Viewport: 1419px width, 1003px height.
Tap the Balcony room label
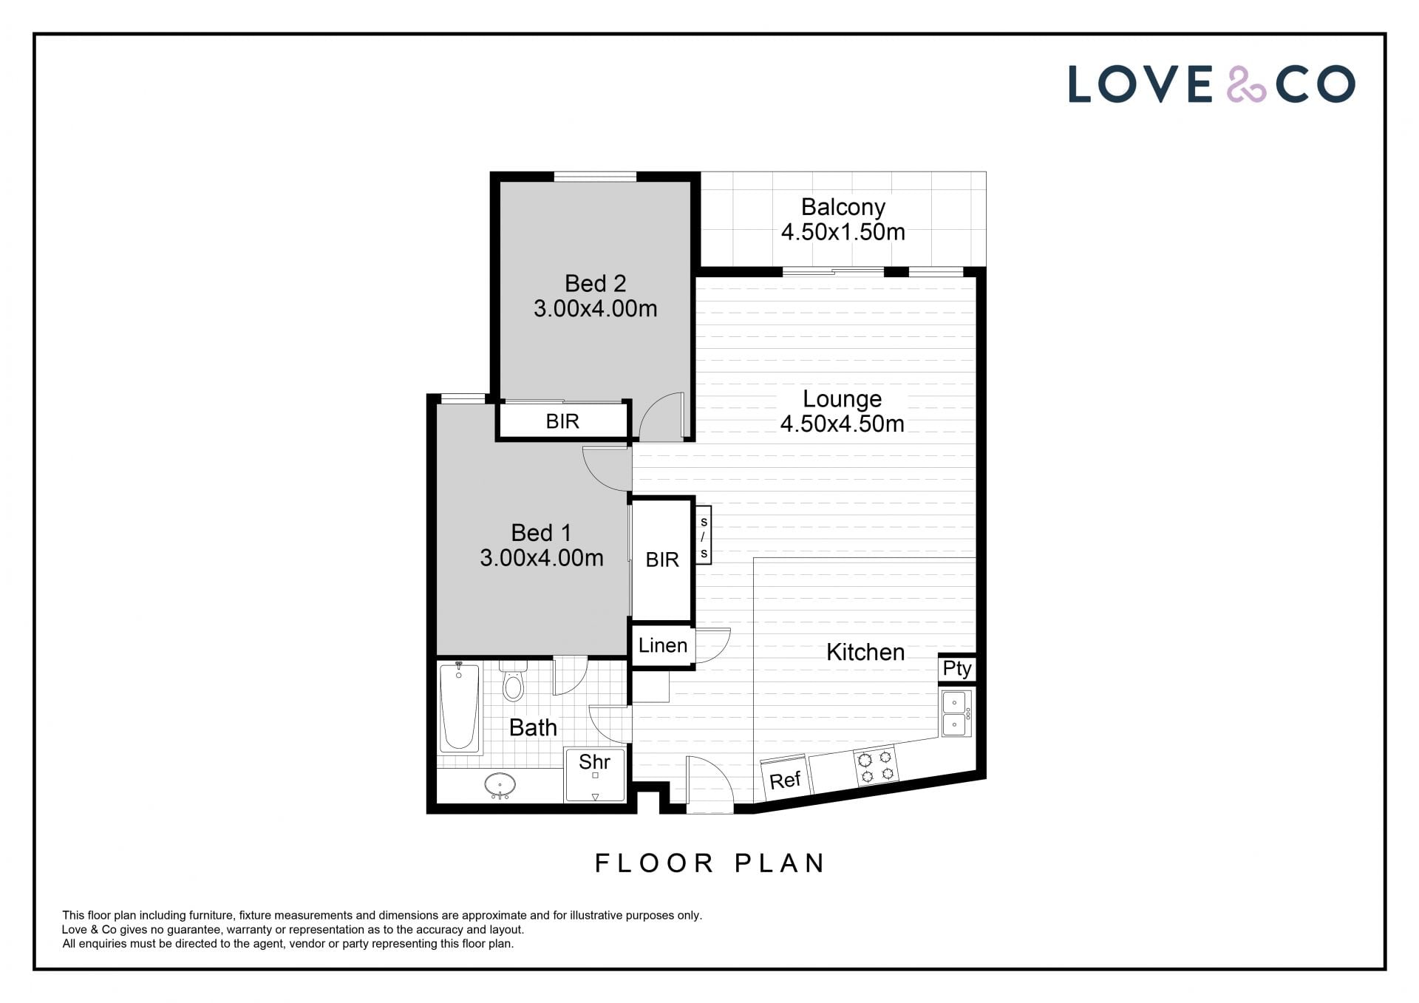click(x=843, y=207)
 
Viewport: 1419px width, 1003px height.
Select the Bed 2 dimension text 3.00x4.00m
click(x=596, y=308)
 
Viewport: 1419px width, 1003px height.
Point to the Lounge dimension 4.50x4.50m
click(x=843, y=424)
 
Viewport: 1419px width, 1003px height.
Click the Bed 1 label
click(x=541, y=532)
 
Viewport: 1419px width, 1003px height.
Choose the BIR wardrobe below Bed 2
click(x=562, y=421)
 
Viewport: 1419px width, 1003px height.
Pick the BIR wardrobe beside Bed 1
click(x=662, y=560)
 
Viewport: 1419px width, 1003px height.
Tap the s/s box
click(x=704, y=534)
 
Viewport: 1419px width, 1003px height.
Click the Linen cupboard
click(x=662, y=645)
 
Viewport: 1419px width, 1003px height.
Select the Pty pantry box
click(x=957, y=668)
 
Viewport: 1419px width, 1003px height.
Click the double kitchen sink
click(x=958, y=713)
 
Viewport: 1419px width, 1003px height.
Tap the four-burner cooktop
click(x=877, y=766)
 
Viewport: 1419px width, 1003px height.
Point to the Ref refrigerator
click(x=785, y=776)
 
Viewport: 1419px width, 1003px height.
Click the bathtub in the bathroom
click(x=459, y=708)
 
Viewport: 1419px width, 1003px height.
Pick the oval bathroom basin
click(x=500, y=785)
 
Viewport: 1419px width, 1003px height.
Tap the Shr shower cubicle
click(x=595, y=775)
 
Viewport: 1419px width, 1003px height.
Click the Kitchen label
click(x=865, y=652)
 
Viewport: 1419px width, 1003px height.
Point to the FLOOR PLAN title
click(x=709, y=863)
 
